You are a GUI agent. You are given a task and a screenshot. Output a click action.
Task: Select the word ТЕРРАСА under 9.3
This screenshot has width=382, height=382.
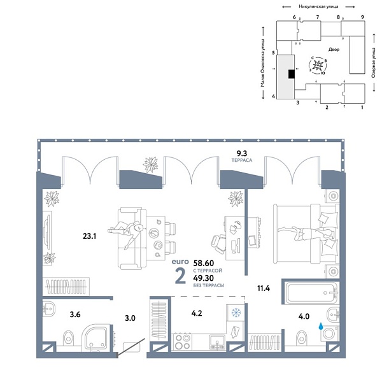(242, 162)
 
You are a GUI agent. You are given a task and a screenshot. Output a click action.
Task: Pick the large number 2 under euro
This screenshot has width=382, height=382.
(180, 276)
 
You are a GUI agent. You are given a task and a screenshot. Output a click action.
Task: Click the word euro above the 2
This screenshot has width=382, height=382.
(181, 262)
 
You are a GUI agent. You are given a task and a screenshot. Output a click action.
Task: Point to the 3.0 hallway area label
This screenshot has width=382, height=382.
(129, 317)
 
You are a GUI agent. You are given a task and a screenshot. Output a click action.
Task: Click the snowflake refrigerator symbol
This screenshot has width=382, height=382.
(235, 313)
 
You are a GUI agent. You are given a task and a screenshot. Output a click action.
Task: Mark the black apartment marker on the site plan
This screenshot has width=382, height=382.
(291, 74)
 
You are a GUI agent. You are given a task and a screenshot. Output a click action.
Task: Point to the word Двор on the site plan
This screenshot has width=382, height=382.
(334, 50)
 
